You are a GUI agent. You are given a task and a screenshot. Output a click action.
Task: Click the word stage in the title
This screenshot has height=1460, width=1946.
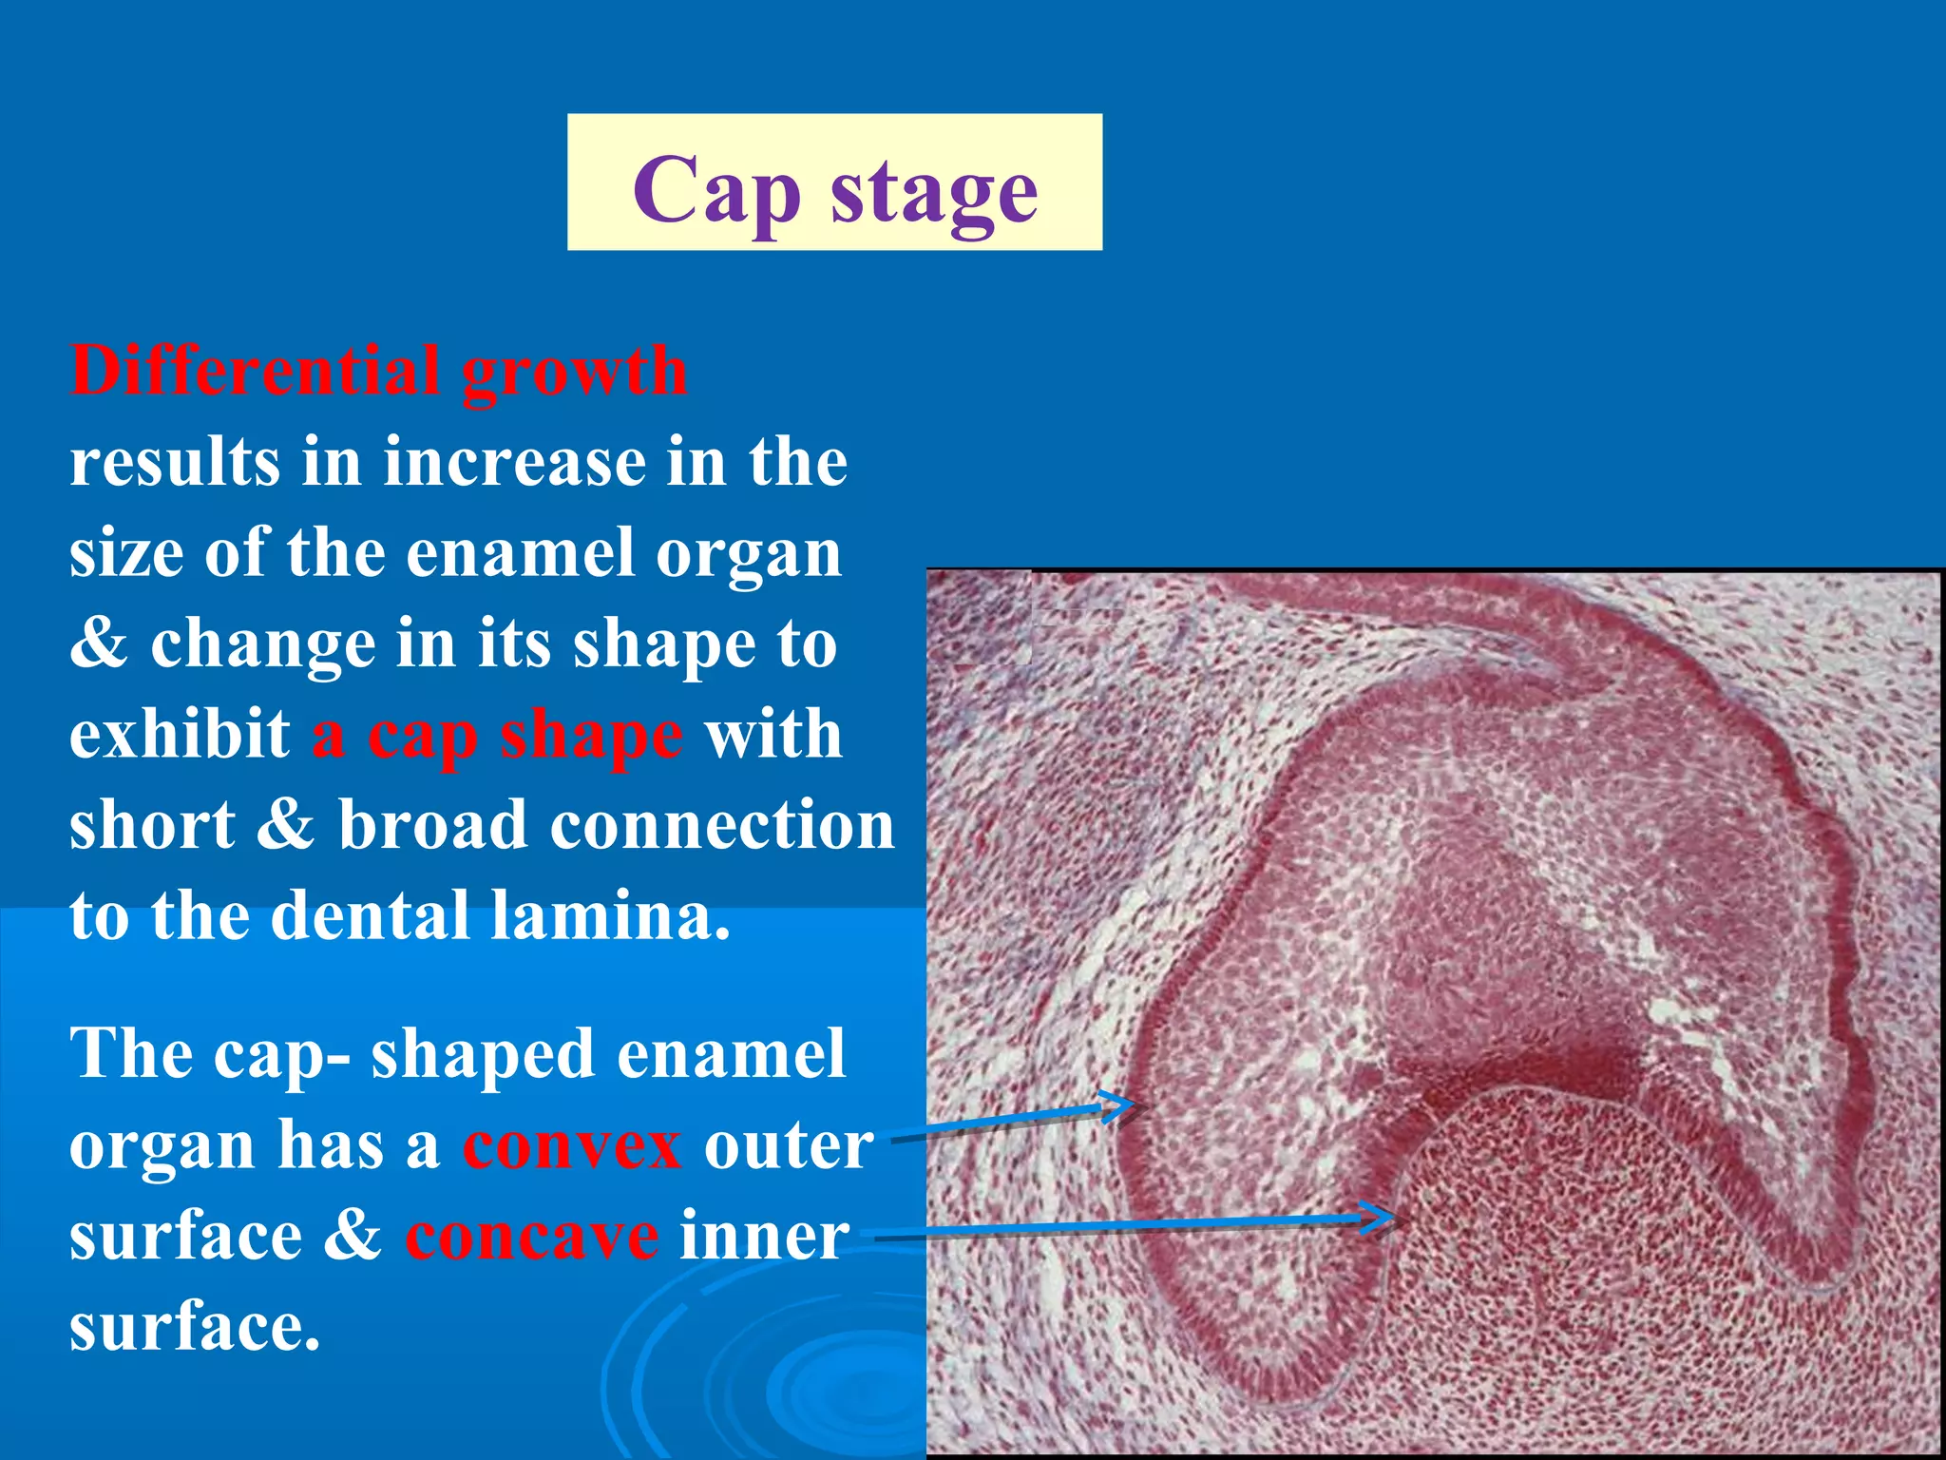(x=934, y=193)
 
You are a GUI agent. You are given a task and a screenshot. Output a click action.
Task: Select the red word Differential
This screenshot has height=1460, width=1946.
(x=255, y=371)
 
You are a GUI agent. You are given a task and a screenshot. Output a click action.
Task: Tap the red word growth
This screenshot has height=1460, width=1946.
(x=575, y=374)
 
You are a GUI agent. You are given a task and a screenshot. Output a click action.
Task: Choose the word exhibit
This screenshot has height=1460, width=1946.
(x=180, y=735)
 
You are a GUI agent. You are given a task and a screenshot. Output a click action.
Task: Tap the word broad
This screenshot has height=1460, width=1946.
(x=432, y=825)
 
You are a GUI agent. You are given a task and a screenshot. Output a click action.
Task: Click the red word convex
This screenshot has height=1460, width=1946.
(x=572, y=1145)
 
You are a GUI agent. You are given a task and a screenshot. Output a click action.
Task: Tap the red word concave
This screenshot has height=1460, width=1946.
(x=532, y=1237)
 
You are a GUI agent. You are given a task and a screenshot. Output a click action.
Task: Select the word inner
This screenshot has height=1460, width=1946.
(x=764, y=1237)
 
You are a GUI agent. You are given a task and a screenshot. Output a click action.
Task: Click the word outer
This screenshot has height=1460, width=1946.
(x=788, y=1145)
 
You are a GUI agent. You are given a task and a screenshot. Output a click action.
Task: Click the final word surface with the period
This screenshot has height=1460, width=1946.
(x=195, y=1328)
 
